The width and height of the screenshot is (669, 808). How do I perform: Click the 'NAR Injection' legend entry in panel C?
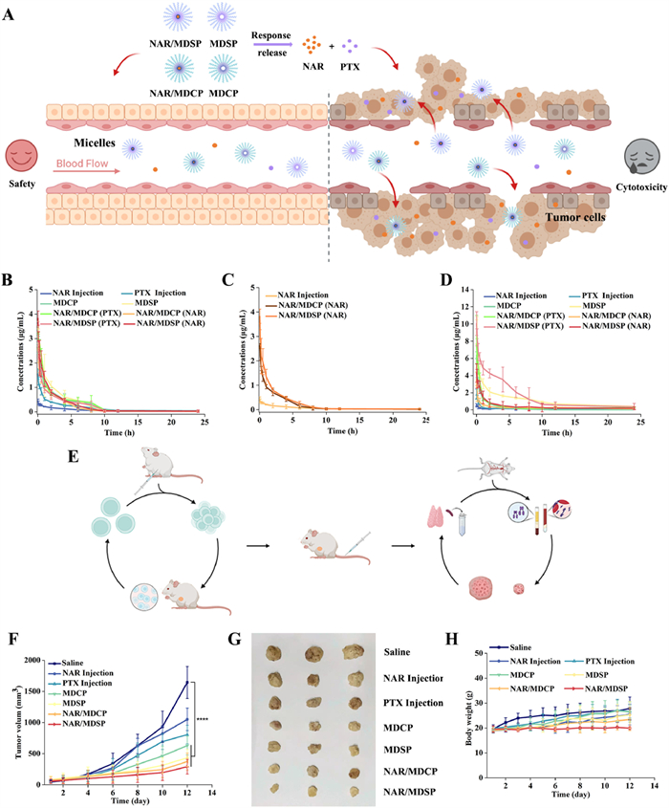pos(305,295)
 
